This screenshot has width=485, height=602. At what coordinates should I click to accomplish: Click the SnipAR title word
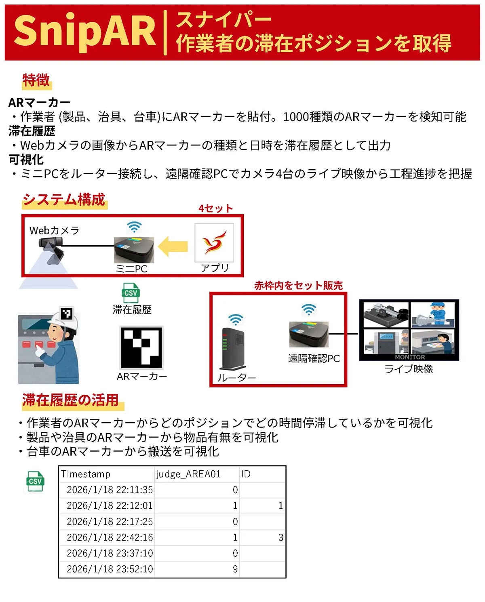click(x=85, y=32)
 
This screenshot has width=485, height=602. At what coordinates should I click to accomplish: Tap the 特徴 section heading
click(x=36, y=80)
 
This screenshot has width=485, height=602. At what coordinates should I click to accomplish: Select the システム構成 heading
click(x=64, y=200)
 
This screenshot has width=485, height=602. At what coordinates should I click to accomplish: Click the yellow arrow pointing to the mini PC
click(x=173, y=246)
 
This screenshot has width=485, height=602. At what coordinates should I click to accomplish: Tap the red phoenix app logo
click(x=214, y=242)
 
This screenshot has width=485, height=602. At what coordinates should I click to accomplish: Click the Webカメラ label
click(x=54, y=231)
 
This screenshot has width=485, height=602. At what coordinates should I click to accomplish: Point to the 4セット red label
click(x=215, y=208)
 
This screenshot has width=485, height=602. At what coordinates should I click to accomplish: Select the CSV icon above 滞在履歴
click(x=131, y=293)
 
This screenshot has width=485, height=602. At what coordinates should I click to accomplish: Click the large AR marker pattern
click(x=141, y=347)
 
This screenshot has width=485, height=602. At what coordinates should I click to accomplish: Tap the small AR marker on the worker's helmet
click(x=67, y=313)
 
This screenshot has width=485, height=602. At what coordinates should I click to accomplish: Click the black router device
click(x=234, y=349)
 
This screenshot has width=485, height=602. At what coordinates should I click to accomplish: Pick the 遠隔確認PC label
click(x=314, y=358)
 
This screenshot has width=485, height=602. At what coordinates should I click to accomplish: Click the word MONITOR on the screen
click(x=410, y=357)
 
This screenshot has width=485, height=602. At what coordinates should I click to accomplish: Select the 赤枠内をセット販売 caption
click(x=298, y=285)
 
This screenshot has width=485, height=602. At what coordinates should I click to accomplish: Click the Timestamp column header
click(x=86, y=474)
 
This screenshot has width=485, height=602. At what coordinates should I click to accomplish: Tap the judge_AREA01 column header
click(x=188, y=474)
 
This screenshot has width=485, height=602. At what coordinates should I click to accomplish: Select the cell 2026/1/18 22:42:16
click(x=110, y=537)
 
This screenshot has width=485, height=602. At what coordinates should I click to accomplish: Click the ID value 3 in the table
click(x=281, y=537)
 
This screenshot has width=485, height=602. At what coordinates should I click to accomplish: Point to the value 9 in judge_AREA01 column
click(x=235, y=569)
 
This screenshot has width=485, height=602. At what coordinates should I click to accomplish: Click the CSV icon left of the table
click(x=35, y=481)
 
